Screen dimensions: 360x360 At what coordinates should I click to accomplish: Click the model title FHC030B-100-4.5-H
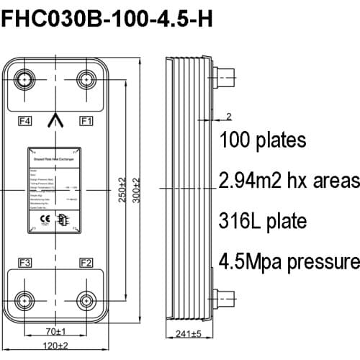(x=107, y=19)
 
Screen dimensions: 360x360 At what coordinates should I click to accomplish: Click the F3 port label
(x=24, y=261)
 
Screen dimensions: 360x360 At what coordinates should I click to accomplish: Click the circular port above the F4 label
(x=25, y=79)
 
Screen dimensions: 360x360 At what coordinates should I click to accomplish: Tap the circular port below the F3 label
(x=25, y=300)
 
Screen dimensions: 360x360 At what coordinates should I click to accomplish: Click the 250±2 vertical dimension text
(x=123, y=189)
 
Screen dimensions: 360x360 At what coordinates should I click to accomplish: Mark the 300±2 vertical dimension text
(x=138, y=189)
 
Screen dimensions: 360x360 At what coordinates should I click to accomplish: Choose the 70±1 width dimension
(x=55, y=332)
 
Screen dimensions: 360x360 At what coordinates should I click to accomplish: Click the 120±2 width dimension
(x=55, y=346)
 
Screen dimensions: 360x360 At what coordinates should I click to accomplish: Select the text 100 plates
(x=264, y=139)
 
